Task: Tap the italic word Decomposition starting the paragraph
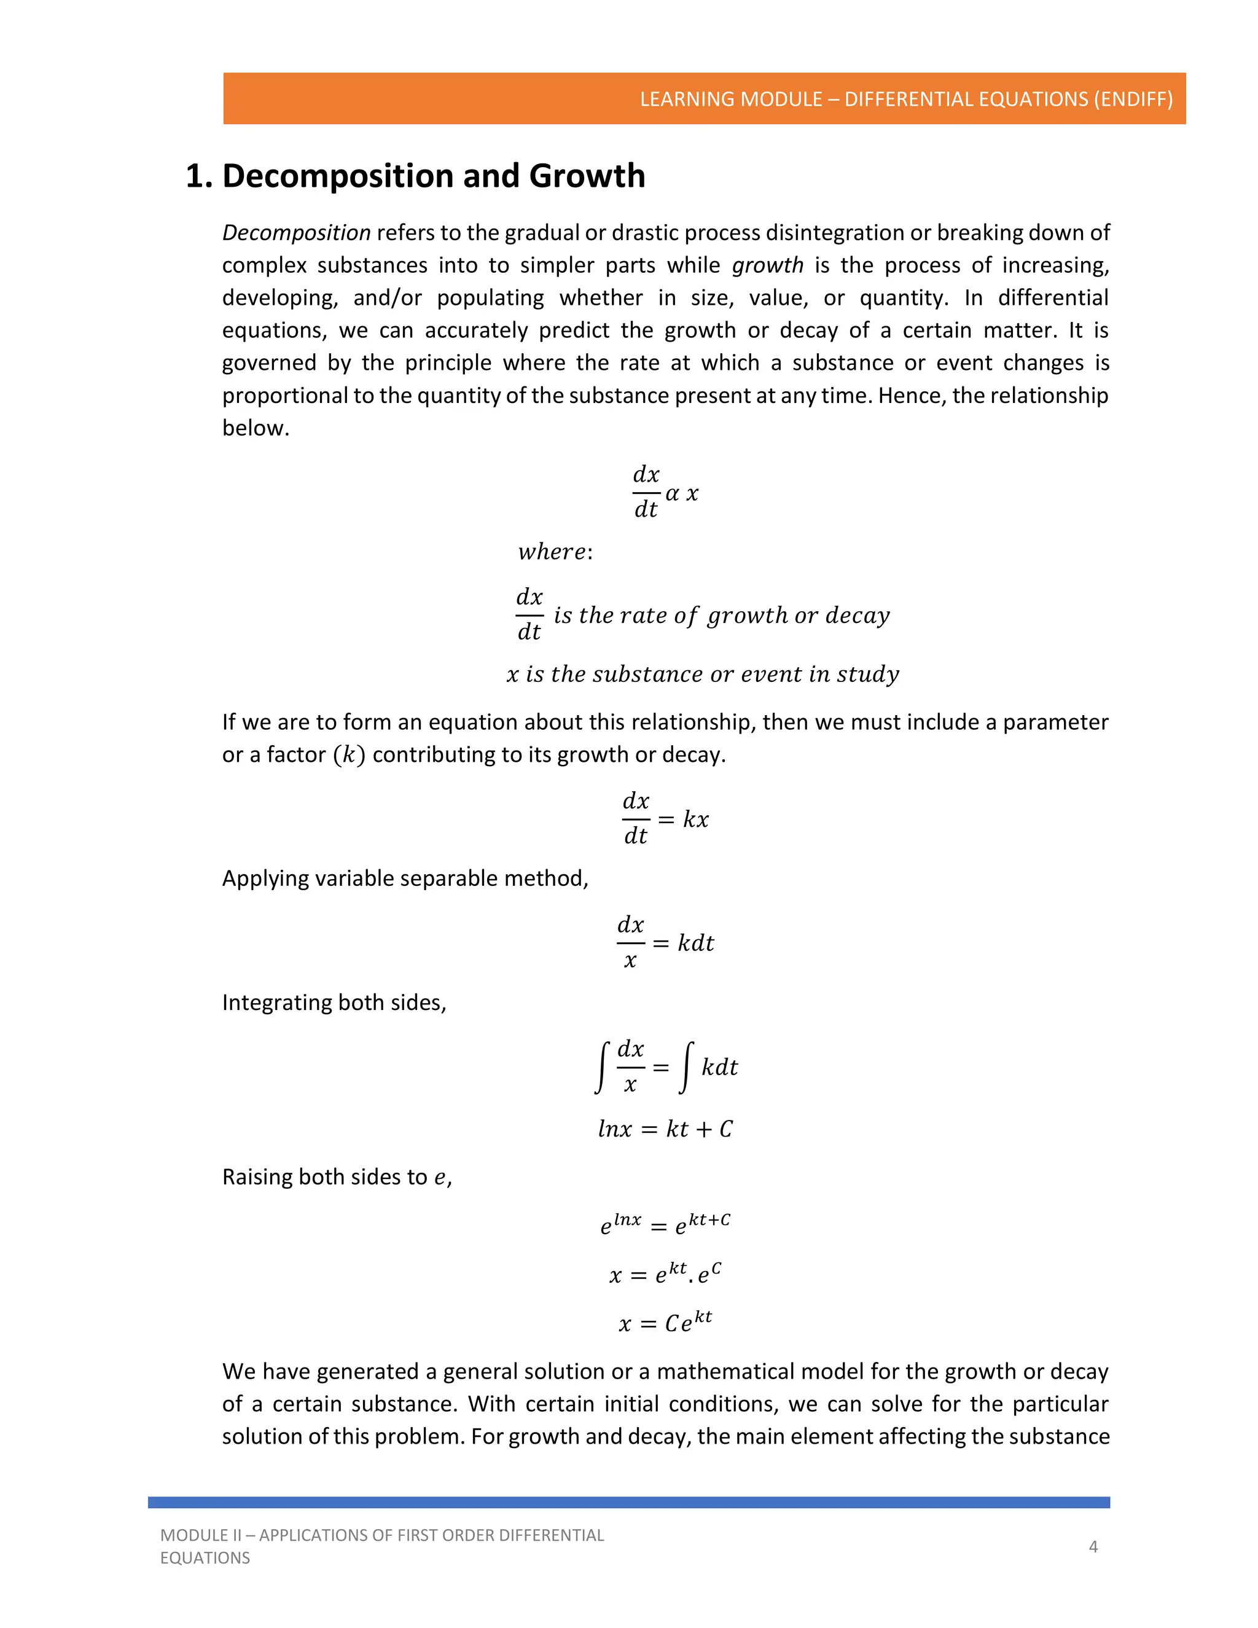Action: click(x=296, y=233)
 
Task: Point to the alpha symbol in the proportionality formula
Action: click(x=672, y=493)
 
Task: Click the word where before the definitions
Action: click(x=552, y=552)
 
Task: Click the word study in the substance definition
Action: click(x=867, y=675)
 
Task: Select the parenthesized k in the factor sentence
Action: click(x=349, y=755)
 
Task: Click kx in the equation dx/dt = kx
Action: click(x=695, y=819)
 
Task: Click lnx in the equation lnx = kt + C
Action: click(x=615, y=1129)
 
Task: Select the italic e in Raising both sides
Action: click(x=440, y=1178)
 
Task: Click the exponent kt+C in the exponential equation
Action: click(x=709, y=1220)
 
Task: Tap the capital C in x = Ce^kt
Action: click(x=671, y=1324)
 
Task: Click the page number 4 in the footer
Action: click(x=1093, y=1547)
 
